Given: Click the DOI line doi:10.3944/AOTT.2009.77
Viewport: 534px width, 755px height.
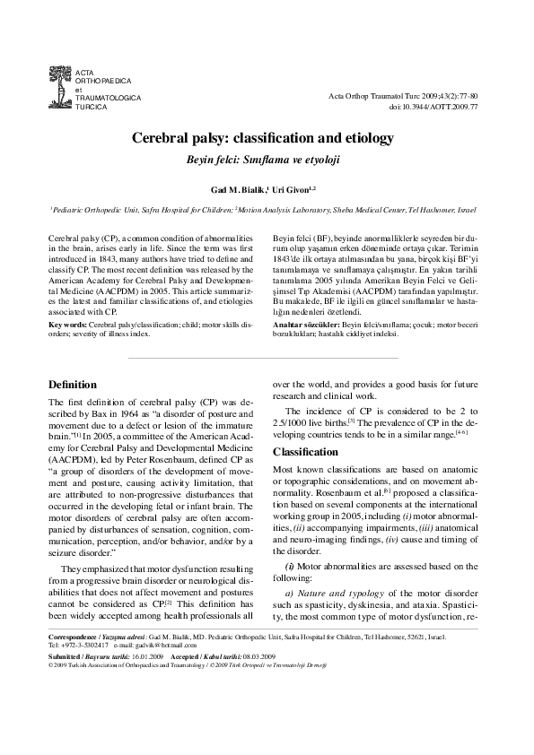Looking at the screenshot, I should pyautogui.click(x=433, y=107).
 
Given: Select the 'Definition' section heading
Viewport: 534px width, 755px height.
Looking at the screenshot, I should pyautogui.click(x=72, y=385).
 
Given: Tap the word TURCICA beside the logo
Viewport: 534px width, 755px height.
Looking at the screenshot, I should pyautogui.click(x=92, y=106).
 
